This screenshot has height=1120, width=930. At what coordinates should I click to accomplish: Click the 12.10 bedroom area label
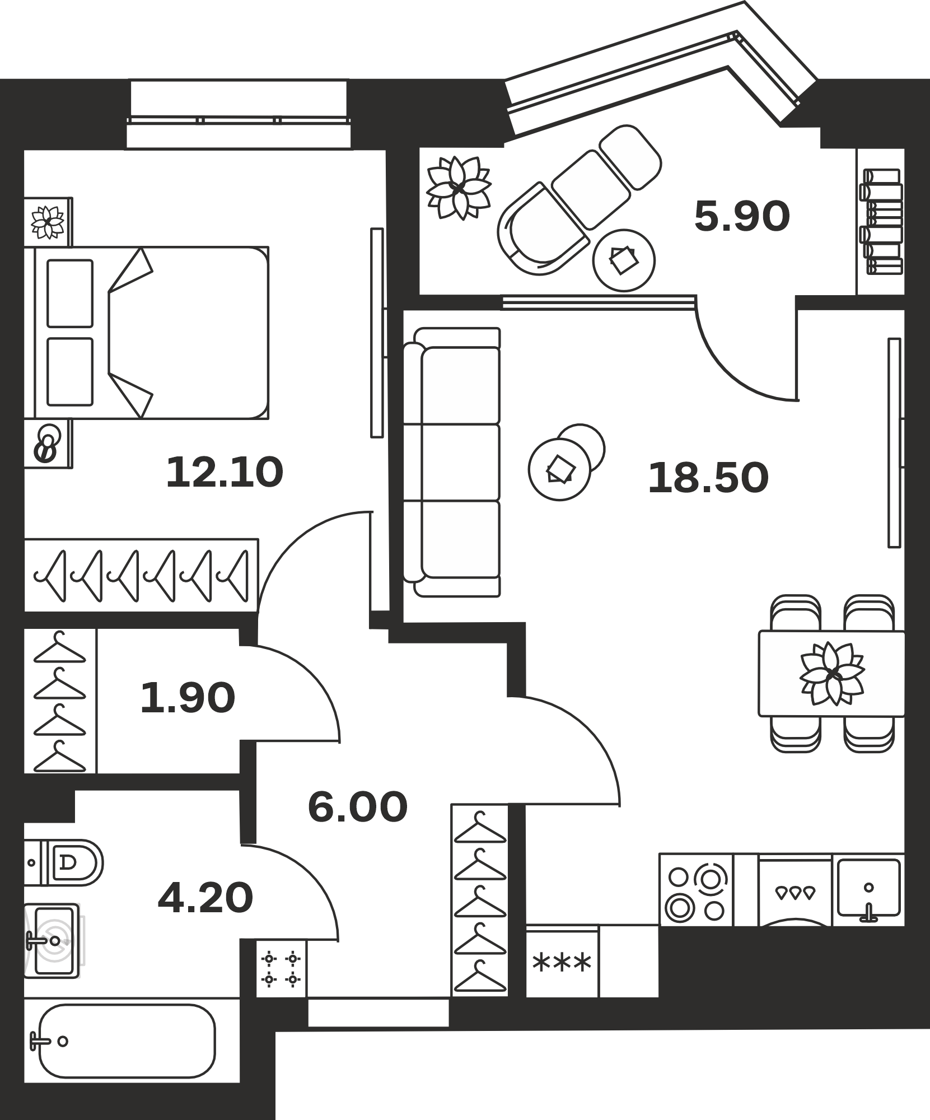225,472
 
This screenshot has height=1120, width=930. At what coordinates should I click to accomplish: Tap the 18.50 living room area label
708,478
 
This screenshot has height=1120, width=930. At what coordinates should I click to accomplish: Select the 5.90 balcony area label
742,217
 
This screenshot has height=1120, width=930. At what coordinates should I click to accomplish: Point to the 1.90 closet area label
188,698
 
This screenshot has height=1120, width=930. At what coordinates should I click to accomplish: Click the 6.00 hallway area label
358,807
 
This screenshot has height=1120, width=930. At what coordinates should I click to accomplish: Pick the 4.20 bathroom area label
205,898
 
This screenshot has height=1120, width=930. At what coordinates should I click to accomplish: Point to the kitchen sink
868,890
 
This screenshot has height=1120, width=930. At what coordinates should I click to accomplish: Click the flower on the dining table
832,673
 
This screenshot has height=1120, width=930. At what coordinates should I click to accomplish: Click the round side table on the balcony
624,260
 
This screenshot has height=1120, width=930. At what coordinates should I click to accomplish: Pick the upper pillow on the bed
70,293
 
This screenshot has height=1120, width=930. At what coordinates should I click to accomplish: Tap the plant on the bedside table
48,222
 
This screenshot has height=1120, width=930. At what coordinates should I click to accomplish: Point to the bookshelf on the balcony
881,222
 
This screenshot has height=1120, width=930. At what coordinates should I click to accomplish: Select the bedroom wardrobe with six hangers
141,575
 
